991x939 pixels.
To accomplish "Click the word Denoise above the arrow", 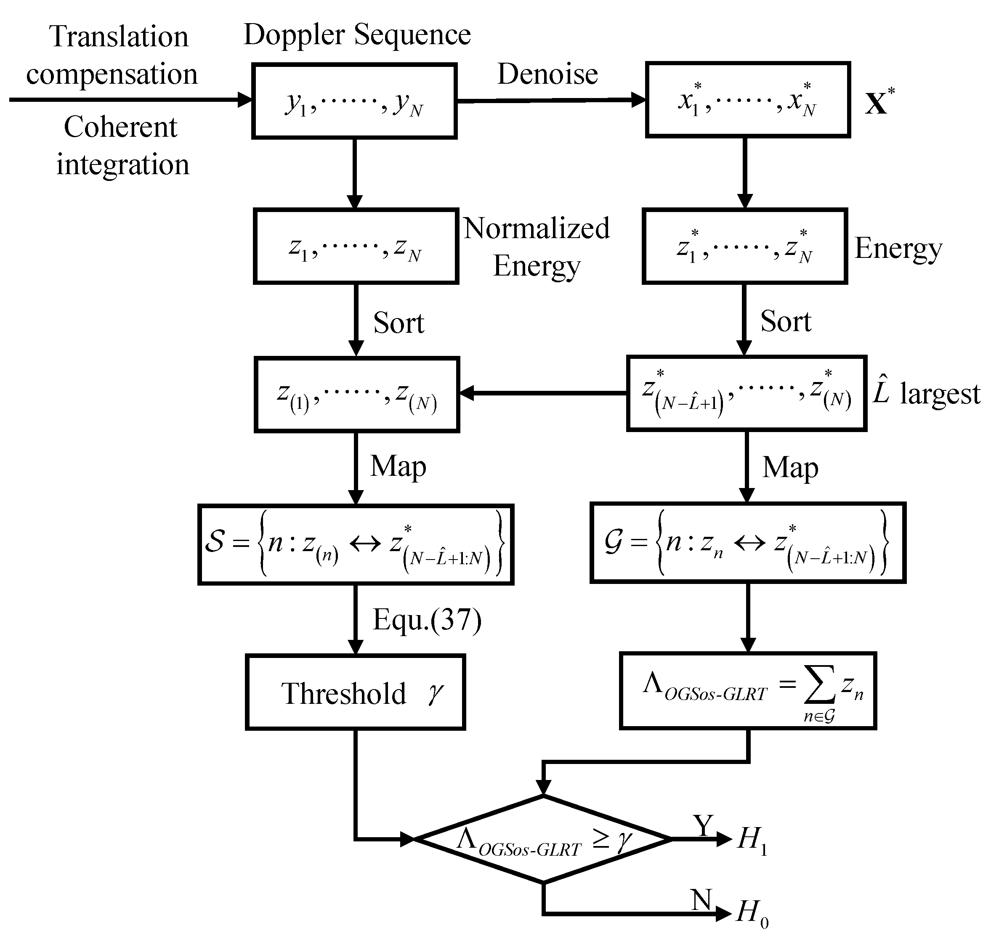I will pyautogui.click(x=547, y=74).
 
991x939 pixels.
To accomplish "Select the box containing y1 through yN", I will pyautogui.click(x=354, y=101).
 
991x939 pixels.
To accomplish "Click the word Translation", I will pyautogui.click(x=119, y=37).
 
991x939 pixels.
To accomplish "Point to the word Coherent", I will pyautogui.click(x=120, y=127).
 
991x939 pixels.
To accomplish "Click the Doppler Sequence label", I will pyautogui.click(x=357, y=34).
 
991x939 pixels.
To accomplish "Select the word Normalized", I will pyautogui.click(x=536, y=228).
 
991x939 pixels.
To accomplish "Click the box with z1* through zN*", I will pyautogui.click(x=744, y=246).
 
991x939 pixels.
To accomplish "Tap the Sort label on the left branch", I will pyautogui.click(x=399, y=323).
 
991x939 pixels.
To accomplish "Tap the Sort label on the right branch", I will pyautogui.click(x=785, y=321).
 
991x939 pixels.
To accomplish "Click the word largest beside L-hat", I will pyautogui.click(x=939, y=394).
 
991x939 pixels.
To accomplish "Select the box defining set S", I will pyautogui.click(x=356, y=544).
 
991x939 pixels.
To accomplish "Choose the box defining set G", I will pyautogui.click(x=748, y=543).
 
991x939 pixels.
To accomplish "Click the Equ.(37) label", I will pyautogui.click(x=427, y=620).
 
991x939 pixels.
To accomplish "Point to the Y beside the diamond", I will pyautogui.click(x=703, y=825).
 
